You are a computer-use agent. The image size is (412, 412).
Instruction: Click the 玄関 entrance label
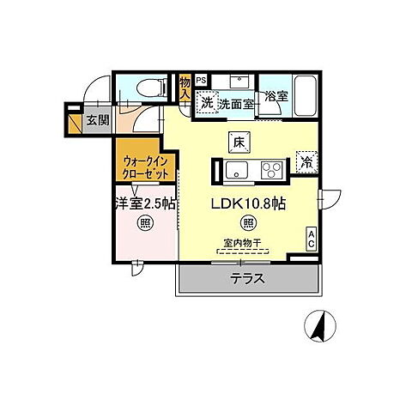point(97,120)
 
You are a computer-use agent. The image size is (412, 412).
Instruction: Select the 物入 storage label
point(185,87)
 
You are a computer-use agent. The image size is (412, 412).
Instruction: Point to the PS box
point(202,81)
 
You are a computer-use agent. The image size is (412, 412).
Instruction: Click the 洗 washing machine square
point(207,103)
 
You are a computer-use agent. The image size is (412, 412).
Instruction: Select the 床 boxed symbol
point(238,142)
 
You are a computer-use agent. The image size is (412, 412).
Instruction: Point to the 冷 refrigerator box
point(305,161)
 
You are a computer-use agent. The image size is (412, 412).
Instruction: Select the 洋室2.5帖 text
point(141,204)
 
